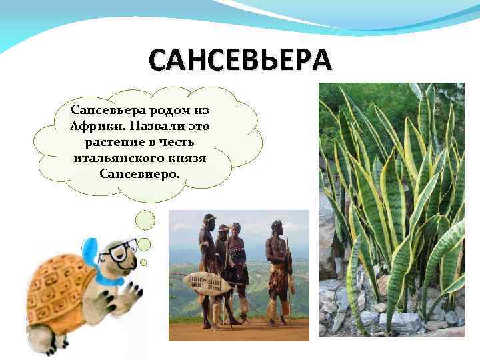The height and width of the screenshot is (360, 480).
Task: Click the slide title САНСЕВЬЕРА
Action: pyautogui.click(x=239, y=61)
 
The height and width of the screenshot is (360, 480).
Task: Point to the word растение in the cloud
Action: pyautogui.click(x=111, y=142)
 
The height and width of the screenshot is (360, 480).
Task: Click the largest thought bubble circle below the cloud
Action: pyautogui.click(x=145, y=221)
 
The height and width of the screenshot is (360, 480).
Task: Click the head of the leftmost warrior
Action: pyautogui.click(x=209, y=219)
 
